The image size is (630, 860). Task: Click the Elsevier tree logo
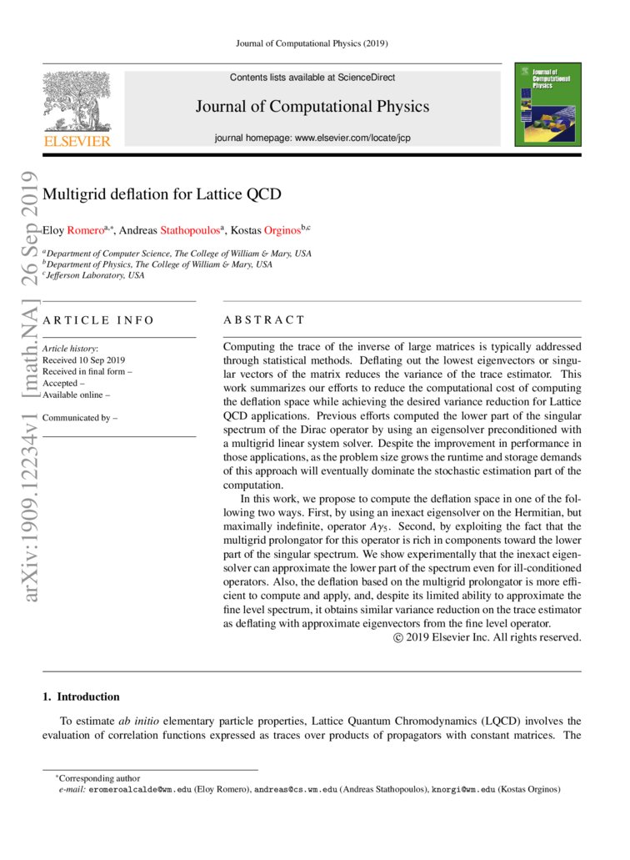tap(76, 102)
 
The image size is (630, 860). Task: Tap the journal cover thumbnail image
tap(547, 104)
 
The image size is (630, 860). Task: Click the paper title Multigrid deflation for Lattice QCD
tap(162, 195)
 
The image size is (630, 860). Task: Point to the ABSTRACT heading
tap(264, 319)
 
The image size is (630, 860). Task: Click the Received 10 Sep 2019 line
tap(83, 360)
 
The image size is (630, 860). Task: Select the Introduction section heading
tap(81, 697)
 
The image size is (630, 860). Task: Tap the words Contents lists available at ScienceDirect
tap(312, 78)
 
